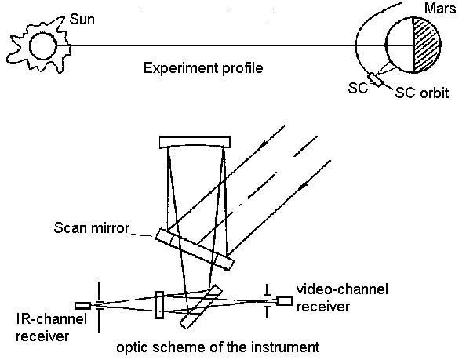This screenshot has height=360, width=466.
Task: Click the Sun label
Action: (82, 20)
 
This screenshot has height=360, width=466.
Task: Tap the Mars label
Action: (440, 9)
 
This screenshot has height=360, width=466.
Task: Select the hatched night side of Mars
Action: (425, 45)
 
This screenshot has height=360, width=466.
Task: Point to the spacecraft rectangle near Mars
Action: (376, 80)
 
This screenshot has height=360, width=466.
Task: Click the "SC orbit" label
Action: (421, 93)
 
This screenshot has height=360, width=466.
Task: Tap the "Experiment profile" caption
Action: (203, 68)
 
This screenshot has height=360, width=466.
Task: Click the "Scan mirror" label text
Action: (92, 227)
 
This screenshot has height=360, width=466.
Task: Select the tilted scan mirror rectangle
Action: (195, 249)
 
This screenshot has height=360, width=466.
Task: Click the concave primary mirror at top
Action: (195, 142)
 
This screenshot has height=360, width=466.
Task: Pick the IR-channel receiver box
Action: (82, 306)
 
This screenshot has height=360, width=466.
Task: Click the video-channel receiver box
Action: (285, 300)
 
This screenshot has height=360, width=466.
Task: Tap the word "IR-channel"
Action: (52, 319)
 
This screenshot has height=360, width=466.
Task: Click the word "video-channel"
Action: (342, 289)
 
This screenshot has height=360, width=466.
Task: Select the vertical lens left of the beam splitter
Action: (159, 305)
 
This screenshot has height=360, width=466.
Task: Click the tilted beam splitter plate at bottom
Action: (201, 307)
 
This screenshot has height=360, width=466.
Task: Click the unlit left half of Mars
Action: (400, 45)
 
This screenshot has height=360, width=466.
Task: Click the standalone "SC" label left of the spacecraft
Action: (358, 88)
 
